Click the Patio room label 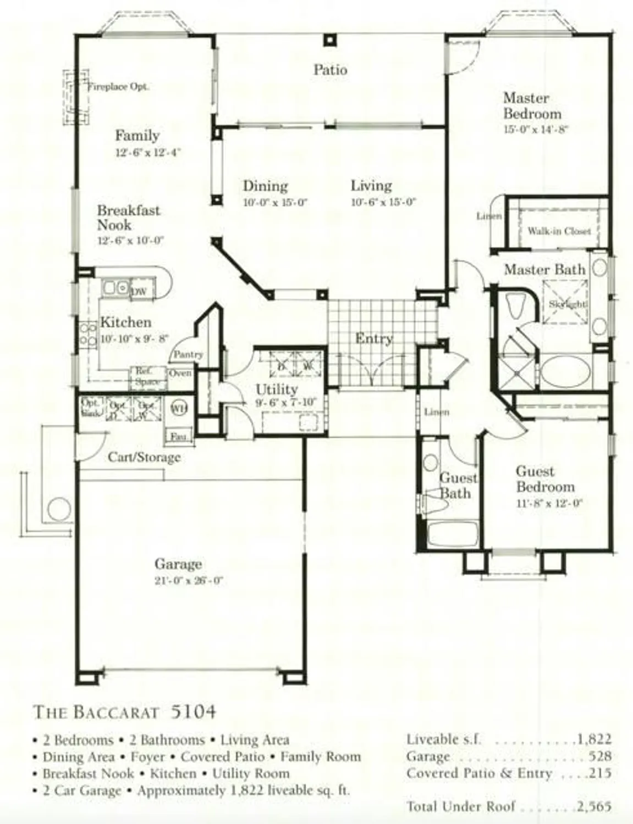pos(330,70)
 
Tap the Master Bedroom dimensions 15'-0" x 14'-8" pos(535,130)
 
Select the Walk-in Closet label pos(559,231)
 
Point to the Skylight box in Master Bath pos(566,304)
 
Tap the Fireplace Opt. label pos(119,86)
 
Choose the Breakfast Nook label pos(129,218)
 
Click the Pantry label pos(188,355)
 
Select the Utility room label pos(277,389)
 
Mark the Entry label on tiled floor pos(374,338)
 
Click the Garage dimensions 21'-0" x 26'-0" pos(188,581)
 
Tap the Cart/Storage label pos(144,457)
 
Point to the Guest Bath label pos(457,486)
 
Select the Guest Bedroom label pos(545,479)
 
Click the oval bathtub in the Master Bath pos(565,371)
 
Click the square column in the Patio pos(329,40)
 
